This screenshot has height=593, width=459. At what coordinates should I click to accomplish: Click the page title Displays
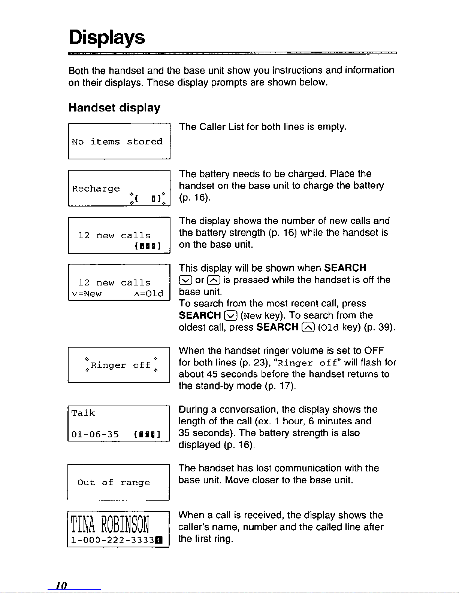tap(106, 37)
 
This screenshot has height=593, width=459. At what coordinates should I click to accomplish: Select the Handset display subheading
tap(114, 108)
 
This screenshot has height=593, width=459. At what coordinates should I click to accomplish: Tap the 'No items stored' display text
tap(117, 142)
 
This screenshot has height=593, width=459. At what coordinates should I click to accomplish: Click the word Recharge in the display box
tap(96, 189)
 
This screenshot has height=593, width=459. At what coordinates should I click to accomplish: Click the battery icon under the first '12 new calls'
tap(147, 246)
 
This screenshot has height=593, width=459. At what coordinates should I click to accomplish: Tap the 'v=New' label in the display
tap(87, 294)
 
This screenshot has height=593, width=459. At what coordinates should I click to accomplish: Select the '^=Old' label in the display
tap(148, 294)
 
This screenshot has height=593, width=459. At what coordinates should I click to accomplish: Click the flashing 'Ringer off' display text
tap(120, 365)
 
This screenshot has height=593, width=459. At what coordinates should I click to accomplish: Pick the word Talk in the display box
tap(83, 413)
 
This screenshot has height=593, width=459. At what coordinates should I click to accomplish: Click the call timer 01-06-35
tap(95, 434)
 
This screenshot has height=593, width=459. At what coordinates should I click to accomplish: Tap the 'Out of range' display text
tap(114, 483)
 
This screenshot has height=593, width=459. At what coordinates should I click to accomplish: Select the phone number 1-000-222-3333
tap(113, 540)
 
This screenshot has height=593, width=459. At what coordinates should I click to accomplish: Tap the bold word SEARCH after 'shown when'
tap(345, 268)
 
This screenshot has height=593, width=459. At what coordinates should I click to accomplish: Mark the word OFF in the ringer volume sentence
tap(374, 351)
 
